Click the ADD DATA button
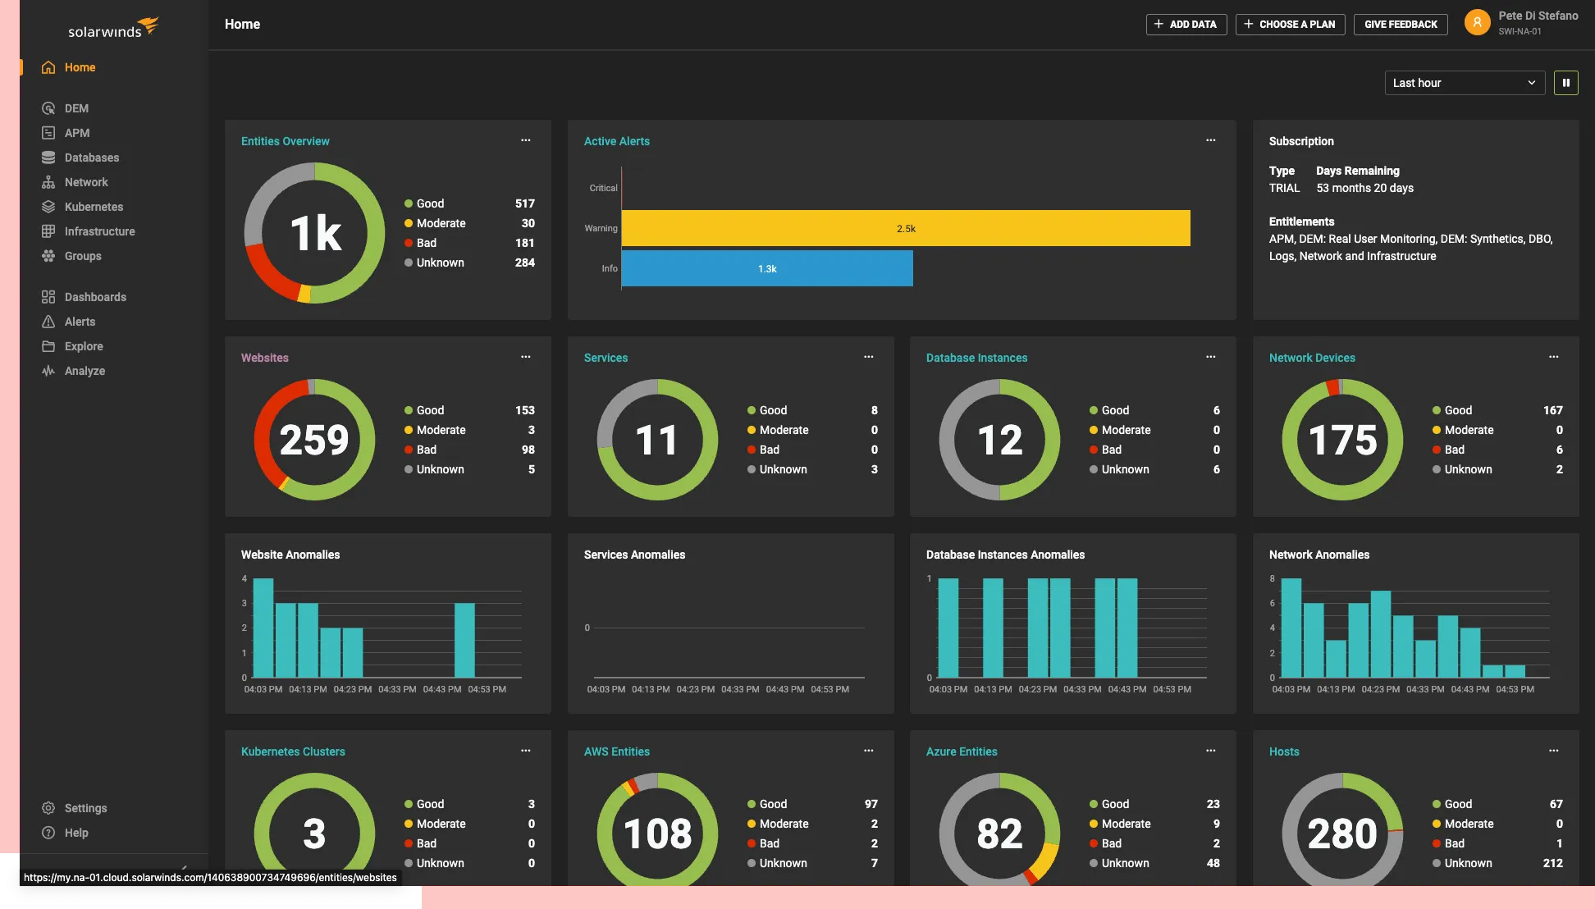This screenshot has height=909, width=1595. click(1186, 25)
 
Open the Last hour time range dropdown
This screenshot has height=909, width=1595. click(1464, 83)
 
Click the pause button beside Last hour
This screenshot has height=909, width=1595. click(1565, 83)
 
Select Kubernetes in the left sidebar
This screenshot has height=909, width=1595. click(94, 207)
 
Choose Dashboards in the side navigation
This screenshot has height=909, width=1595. click(95, 297)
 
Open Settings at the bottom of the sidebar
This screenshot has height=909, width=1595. click(85, 808)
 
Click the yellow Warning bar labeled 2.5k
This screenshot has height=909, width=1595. click(906, 228)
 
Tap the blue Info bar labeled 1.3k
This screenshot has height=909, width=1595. click(767, 268)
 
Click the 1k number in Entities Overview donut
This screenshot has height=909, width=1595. click(315, 233)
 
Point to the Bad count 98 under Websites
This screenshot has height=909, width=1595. click(528, 450)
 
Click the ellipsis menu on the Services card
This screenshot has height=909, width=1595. click(868, 357)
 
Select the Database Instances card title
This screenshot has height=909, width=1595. click(976, 358)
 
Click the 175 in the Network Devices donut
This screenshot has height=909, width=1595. click(1342, 440)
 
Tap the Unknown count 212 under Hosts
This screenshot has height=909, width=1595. click(1552, 863)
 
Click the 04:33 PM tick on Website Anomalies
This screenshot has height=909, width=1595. click(397, 689)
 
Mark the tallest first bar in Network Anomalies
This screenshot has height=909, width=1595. click(1291, 628)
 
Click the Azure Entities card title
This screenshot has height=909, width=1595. click(962, 751)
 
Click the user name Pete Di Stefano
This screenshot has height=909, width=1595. click(1538, 16)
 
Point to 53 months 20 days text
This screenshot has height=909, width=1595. click(1364, 188)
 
